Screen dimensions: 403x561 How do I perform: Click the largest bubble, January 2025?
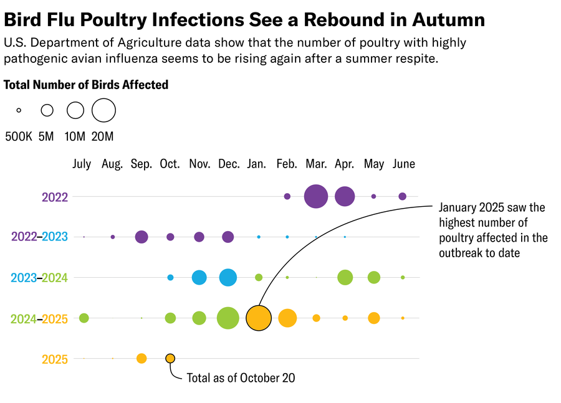click(x=259, y=318)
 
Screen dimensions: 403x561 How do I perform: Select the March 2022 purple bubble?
click(x=316, y=196)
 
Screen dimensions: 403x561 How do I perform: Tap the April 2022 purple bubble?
click(x=345, y=196)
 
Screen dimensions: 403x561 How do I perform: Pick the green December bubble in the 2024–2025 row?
click(x=228, y=318)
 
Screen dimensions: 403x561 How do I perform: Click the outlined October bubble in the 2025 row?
click(x=170, y=358)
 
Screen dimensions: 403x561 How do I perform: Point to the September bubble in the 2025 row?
click(x=141, y=358)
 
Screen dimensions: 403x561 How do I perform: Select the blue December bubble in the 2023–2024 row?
click(x=228, y=277)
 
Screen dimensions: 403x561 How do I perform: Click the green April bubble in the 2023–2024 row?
click(x=345, y=277)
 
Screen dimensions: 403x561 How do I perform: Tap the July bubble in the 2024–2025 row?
click(x=84, y=318)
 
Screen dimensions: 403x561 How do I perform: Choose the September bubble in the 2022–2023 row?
click(x=141, y=237)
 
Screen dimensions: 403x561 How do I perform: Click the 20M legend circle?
click(x=103, y=110)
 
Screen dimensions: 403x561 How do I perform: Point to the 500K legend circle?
click(x=19, y=110)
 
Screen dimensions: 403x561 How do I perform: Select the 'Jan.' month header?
click(x=257, y=164)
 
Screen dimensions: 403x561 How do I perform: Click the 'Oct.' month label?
click(x=170, y=164)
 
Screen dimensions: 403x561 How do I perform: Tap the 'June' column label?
click(x=404, y=164)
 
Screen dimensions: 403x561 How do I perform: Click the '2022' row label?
click(x=55, y=197)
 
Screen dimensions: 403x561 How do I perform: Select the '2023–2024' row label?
click(x=39, y=278)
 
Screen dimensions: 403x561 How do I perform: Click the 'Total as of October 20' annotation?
click(x=241, y=378)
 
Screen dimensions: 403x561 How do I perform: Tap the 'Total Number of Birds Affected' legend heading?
click(x=86, y=85)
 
